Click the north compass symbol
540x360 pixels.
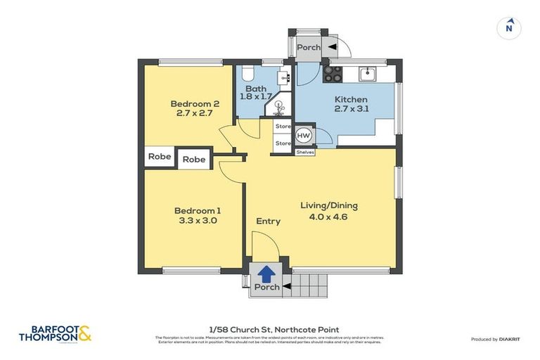point(509,27)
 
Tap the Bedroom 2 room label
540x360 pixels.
point(195,104)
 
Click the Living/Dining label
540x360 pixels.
point(329,205)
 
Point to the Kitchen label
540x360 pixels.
point(350,99)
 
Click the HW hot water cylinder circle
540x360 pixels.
point(304,136)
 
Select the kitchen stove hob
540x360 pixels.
point(333,74)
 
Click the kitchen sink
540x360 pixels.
point(367,73)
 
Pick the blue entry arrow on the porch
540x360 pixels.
point(266,272)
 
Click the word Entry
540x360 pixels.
point(268,221)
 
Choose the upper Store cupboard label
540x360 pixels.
point(283,127)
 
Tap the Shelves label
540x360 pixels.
point(304,152)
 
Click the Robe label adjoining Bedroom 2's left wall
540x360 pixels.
point(160,156)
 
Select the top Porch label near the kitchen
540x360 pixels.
point(308,47)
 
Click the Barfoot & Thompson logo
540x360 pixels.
point(56,333)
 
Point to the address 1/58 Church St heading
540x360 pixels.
point(274,329)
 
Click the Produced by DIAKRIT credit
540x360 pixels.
point(496,339)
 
